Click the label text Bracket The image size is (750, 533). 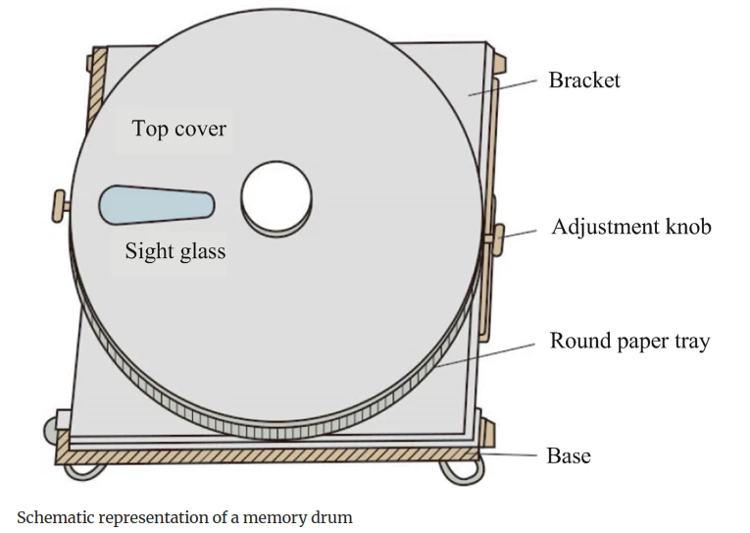tap(584, 80)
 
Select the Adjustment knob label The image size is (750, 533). tap(631, 227)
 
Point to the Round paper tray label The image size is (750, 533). tap(629, 342)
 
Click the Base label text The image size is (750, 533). tap(568, 455)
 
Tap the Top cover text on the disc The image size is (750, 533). tap(179, 129)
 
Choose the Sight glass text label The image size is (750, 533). tap(175, 251)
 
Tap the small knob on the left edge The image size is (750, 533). tap(62, 206)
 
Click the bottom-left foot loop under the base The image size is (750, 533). tap(83, 468)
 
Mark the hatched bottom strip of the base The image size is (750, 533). tap(265, 454)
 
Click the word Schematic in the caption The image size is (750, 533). tap(58, 517)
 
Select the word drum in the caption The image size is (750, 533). tap(331, 517)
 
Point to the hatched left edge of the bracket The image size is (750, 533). tap(89, 108)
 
